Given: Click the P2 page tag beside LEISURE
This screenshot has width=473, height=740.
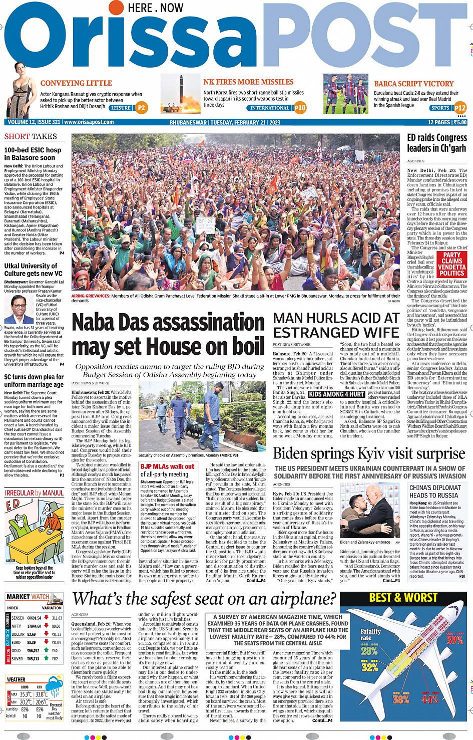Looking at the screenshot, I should click(142, 108).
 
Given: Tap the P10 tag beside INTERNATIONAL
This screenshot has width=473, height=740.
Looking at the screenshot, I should click(300, 108).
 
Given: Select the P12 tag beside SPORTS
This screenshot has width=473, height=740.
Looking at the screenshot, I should click(460, 108).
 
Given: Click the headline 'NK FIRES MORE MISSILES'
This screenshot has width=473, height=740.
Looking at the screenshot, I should click(248, 82).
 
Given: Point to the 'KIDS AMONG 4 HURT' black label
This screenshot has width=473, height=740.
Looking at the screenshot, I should click(336, 394).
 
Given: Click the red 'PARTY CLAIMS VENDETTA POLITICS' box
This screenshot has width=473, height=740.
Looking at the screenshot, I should click(452, 264).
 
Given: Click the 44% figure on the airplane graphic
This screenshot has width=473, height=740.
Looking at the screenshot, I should click(429, 699).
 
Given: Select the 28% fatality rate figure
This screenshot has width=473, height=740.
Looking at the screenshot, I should click(369, 651).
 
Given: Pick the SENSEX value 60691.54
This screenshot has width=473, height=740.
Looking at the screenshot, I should click(35, 618).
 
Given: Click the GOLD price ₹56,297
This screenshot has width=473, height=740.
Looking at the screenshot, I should click(33, 650).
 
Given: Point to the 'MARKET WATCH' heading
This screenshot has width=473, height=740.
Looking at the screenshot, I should click(28, 597).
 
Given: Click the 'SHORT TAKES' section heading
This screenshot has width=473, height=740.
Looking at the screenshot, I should click(31, 136).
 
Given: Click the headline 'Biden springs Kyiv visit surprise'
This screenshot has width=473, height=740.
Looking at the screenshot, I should click(369, 454).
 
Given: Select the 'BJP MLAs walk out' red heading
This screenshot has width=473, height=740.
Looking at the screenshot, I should click(167, 466).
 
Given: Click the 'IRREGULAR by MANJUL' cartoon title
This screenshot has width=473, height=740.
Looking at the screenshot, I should click(34, 493).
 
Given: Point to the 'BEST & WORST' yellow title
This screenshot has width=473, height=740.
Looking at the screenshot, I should click(403, 598).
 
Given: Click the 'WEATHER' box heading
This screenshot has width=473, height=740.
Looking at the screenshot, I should click(16, 680).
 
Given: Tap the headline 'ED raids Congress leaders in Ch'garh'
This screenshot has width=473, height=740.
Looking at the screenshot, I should click(436, 143).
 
